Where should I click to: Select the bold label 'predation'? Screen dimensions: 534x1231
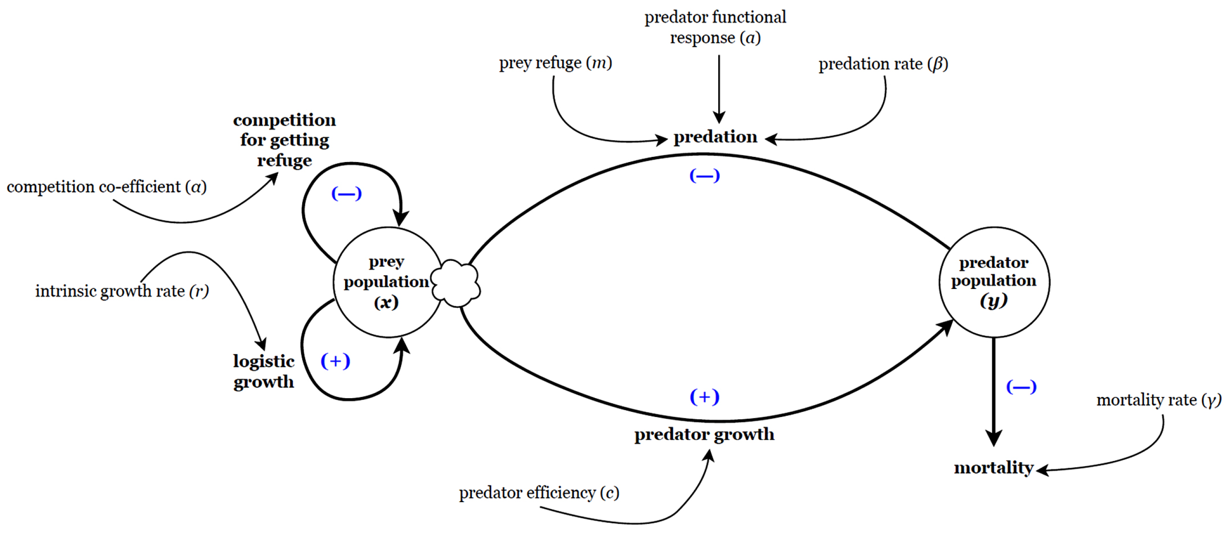tap(715, 137)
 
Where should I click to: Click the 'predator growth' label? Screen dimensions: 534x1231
tap(704, 435)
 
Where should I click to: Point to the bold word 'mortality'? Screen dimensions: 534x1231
tap(993, 467)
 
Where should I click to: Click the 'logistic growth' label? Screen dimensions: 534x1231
tap(263, 371)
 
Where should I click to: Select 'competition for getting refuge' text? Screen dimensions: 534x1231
tap(285, 140)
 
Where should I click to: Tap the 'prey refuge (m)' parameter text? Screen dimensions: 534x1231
tap(555, 63)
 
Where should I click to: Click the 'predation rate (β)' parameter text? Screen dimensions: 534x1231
tap(883, 64)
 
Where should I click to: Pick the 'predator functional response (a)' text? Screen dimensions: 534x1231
tap(715, 27)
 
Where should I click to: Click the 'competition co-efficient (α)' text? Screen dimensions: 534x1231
tap(107, 187)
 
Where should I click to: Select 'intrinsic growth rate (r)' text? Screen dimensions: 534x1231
tap(122, 291)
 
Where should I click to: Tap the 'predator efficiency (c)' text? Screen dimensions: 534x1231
tap(539, 493)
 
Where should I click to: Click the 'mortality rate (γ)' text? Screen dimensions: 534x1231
tap(1158, 400)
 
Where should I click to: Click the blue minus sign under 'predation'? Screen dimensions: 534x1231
tap(704, 176)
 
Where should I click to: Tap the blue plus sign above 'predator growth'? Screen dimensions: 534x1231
tap(704, 397)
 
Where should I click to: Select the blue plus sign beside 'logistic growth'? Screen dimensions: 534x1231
tap(335, 361)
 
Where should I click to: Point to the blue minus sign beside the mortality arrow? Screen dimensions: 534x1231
tap(1021, 387)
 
